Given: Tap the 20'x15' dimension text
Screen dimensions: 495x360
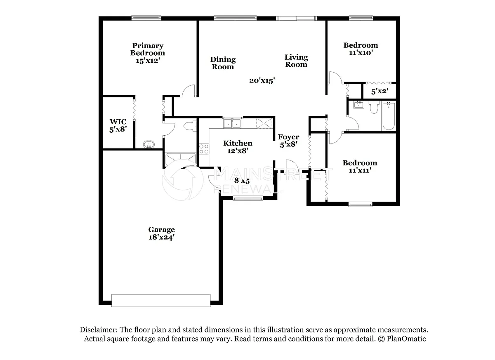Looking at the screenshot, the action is point(262,80).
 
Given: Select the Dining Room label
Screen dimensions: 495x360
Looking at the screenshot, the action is point(223,63).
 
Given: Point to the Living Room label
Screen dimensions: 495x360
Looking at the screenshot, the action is point(296,61).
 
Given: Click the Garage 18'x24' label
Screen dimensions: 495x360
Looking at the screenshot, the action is point(162,233).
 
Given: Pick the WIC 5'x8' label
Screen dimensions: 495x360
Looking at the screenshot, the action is point(118,125).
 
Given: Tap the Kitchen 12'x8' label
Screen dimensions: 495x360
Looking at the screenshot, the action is point(238,147).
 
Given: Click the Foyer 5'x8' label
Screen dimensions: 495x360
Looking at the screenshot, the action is point(289,141).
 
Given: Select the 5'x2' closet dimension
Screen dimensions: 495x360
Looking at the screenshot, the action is point(379,92).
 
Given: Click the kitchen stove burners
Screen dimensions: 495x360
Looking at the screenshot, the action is point(204,149).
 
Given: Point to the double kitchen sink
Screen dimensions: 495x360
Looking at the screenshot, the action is point(232,123).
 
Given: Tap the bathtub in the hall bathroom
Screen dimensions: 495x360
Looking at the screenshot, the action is point(389,116).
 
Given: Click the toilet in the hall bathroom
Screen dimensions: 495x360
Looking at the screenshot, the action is point(374,107).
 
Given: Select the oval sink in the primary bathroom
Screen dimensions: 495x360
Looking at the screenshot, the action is point(149,145).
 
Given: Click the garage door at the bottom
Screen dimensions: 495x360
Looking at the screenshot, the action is point(161,301).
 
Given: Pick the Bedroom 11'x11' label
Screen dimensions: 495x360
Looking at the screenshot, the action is point(360,167).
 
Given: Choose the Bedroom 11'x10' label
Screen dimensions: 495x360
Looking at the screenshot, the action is point(361,49).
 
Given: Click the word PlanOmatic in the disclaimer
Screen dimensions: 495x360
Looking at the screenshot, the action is point(406,339).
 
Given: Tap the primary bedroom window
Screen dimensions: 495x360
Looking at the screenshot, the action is point(146,18).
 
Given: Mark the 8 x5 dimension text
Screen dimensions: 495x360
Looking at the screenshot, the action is point(242,181).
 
